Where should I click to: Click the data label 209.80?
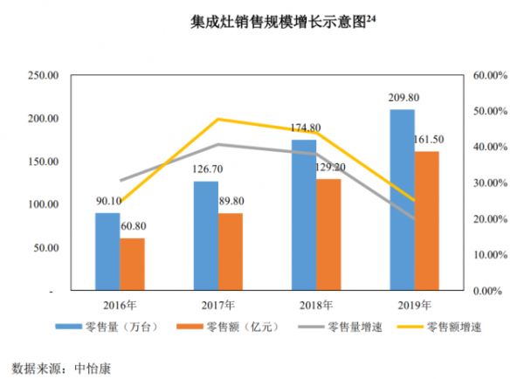(x=402, y=99)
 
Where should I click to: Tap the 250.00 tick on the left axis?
(x=43, y=76)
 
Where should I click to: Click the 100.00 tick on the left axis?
(x=43, y=204)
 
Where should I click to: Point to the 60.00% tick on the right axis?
(x=490, y=76)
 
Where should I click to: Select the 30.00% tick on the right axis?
(x=490, y=183)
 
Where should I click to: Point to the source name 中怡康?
(x=91, y=365)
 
